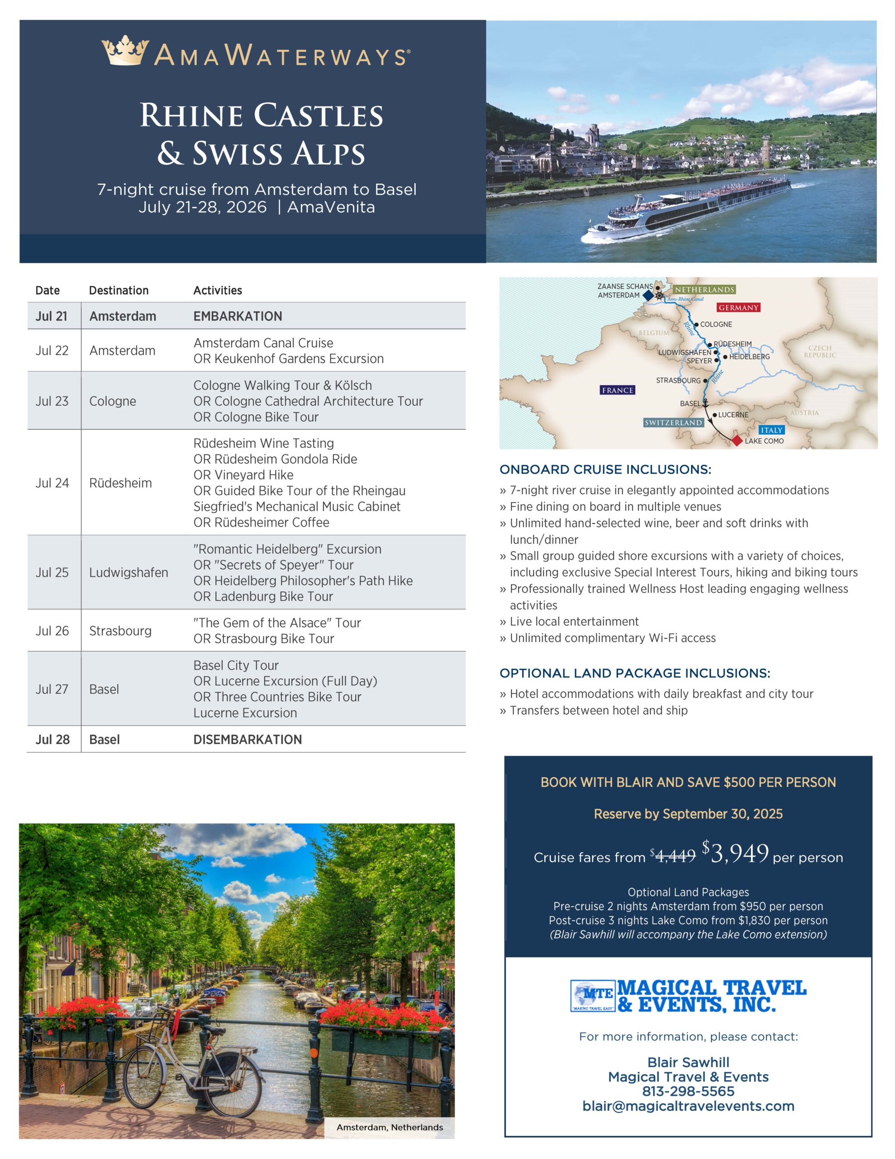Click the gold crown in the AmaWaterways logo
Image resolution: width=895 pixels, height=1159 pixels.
pos(125,51)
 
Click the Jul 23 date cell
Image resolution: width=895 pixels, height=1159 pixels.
pos(52,401)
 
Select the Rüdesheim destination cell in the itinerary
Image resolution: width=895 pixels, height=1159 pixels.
pos(120,483)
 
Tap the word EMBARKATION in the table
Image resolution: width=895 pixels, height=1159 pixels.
pos(238,316)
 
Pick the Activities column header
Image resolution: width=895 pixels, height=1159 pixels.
pos(218,290)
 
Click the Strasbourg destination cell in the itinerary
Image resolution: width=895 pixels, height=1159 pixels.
pos(120,631)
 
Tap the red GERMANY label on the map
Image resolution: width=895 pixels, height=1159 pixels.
pos(738,308)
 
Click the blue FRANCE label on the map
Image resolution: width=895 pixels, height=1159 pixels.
pos(618,390)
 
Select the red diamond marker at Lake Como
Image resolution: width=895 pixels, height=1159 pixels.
pos(737,440)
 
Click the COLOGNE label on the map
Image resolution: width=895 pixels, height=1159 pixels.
pos(716,324)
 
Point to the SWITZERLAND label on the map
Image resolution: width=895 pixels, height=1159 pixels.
pos(673,422)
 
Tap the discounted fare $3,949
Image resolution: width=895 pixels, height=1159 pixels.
pos(738,854)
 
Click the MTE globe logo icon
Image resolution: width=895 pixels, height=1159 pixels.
pos(593,996)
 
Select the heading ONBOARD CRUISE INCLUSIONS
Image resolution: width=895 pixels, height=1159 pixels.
pos(605,469)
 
